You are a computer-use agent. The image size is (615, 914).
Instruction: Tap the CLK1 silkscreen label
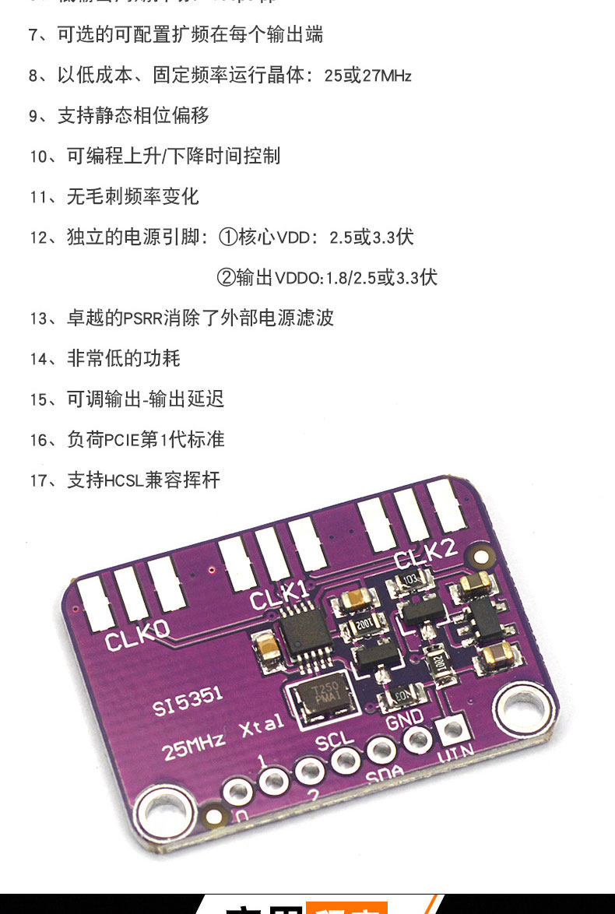pyautogui.click(x=279, y=596)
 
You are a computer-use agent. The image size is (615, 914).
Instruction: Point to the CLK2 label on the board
pyautogui.click(x=425, y=555)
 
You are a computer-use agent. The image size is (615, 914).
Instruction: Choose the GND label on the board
pyautogui.click(x=405, y=717)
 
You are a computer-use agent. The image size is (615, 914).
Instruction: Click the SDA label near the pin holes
pyautogui.click(x=385, y=772)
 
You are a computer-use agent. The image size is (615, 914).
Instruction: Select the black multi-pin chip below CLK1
pyautogui.click(x=304, y=632)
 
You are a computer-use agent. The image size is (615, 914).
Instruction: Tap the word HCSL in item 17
pyautogui.click(x=125, y=480)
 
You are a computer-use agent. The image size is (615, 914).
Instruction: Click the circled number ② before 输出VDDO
pyautogui.click(x=226, y=277)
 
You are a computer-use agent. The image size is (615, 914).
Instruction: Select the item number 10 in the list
pyautogui.click(x=39, y=156)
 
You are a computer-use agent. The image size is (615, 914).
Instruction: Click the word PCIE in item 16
pyautogui.click(x=121, y=440)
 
